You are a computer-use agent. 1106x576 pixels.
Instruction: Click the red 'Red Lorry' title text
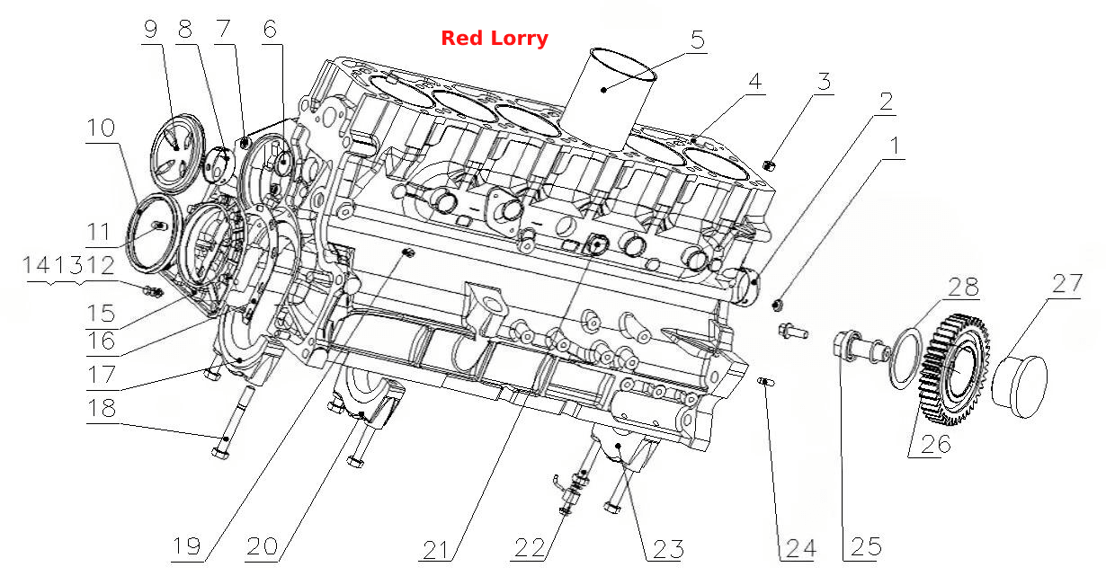pos(495,38)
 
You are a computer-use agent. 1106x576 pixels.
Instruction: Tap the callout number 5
pos(697,39)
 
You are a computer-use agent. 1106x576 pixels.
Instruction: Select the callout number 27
pos(1067,283)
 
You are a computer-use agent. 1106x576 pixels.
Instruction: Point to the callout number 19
pos(187,546)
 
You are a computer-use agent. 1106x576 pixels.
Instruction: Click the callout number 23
pos(668,549)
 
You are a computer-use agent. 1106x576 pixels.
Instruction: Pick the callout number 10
pos(101,128)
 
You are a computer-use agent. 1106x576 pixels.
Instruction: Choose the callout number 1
pos(894,146)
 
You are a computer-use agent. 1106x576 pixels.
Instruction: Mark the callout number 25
pos(866,546)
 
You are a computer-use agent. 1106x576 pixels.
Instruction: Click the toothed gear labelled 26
pos(954,369)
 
